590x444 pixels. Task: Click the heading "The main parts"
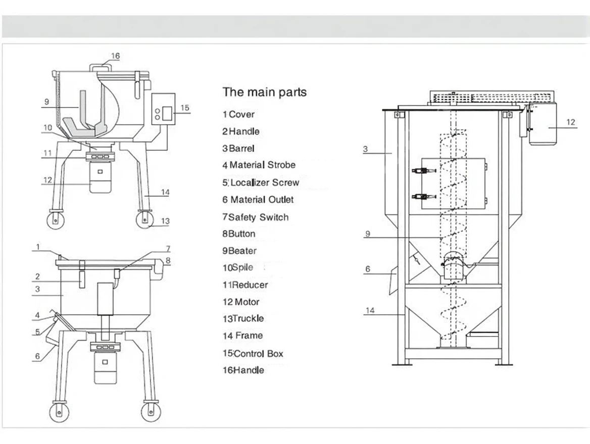[x=264, y=92]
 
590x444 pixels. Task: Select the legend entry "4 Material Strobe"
[x=259, y=165]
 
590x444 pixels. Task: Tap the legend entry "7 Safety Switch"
[x=256, y=217]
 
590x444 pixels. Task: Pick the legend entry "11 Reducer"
[x=245, y=285]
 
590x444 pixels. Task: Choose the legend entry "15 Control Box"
[x=253, y=354]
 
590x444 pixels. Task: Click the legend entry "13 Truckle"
[x=243, y=319]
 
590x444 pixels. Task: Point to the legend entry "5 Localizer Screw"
[x=261, y=183]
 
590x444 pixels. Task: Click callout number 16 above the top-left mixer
[x=116, y=56]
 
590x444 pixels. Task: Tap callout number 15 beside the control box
[x=185, y=107]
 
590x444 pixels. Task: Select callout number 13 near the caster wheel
[x=165, y=221]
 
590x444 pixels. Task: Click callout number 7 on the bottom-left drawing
[x=168, y=249]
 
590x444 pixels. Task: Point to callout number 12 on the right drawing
[x=570, y=122]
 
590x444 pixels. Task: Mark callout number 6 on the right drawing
[x=368, y=269]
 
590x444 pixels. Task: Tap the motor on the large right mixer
[x=543, y=124]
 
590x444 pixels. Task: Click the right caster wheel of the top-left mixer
[x=145, y=220]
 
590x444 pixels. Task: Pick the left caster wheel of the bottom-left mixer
[x=59, y=411]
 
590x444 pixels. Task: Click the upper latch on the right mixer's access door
[x=420, y=172]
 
